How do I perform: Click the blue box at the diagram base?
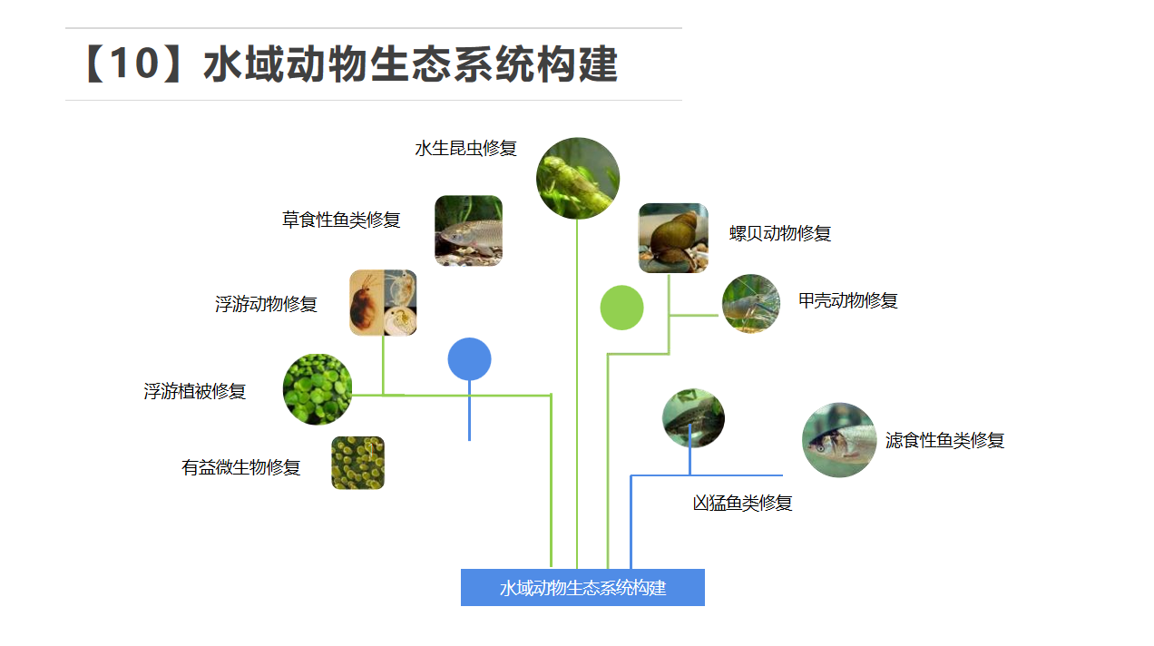click(582, 587)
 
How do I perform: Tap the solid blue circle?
click(469, 359)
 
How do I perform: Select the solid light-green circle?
click(621, 308)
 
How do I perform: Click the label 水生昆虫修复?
click(465, 149)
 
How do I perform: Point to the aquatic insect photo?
click(578, 178)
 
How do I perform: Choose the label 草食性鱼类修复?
click(341, 220)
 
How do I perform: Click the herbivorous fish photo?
click(468, 230)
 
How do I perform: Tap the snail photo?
click(673, 238)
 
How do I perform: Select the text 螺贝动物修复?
click(780, 233)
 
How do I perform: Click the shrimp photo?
click(750, 303)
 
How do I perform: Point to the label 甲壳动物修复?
click(848, 300)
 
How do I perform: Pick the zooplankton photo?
click(383, 302)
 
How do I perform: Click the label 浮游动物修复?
click(266, 304)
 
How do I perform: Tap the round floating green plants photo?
click(318, 389)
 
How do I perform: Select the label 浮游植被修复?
click(195, 392)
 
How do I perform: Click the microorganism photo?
click(357, 463)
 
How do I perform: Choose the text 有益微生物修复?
click(240, 467)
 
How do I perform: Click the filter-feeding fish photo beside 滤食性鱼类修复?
click(839, 440)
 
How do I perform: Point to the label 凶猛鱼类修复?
click(742, 503)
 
